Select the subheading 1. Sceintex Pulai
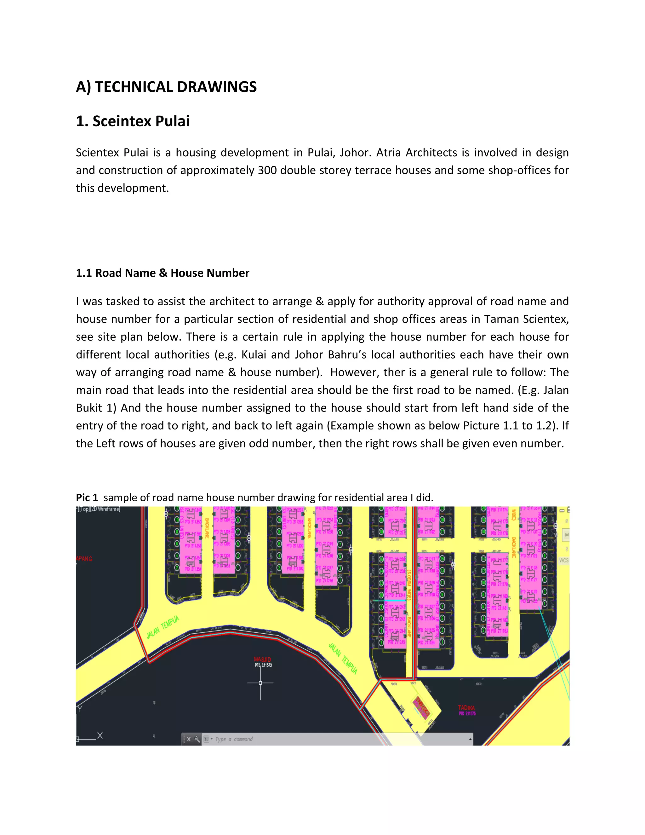click(x=133, y=121)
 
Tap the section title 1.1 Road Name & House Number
click(x=163, y=273)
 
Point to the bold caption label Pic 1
click(x=87, y=498)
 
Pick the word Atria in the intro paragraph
click(x=389, y=153)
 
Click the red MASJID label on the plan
click(x=263, y=659)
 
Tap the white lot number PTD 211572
click(x=263, y=665)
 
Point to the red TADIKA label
click(x=466, y=708)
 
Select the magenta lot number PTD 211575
click(x=467, y=713)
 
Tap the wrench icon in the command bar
click(x=197, y=739)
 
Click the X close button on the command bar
click(x=189, y=739)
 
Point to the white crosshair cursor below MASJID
click(x=260, y=683)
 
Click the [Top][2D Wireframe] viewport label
click(x=99, y=509)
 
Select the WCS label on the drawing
click(x=564, y=561)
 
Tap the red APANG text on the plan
click(x=84, y=559)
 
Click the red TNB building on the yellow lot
click(x=421, y=707)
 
